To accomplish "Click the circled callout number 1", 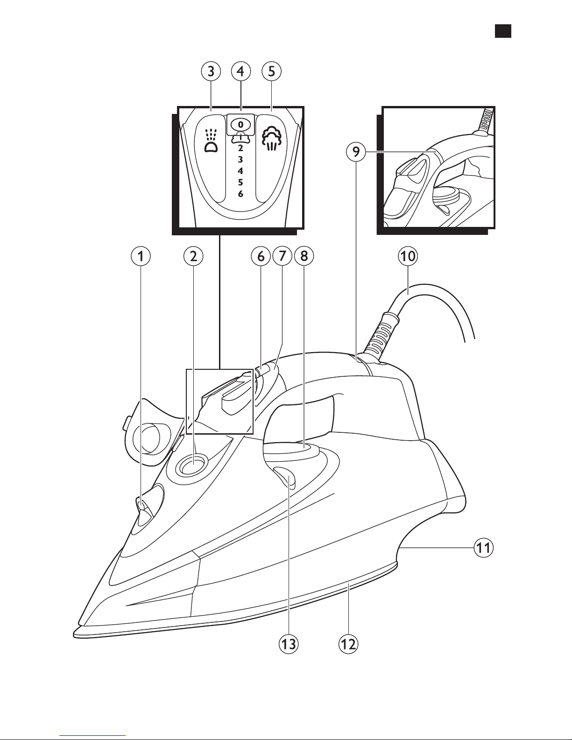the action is pos(141,256).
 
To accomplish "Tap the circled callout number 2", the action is pos(193,256).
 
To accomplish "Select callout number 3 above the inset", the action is pos(211,71).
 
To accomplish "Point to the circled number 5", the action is pos(271,71).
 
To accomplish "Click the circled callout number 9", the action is pos(356,152).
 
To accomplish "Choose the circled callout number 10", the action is pos(408,256).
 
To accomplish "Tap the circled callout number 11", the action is pos(483,548).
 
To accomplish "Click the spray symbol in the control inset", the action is pos(211,141).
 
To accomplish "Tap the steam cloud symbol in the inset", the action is pos(271,138).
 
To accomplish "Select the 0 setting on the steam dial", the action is pos(241,125).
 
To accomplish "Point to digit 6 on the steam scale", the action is pos(241,194).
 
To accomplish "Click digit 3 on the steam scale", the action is pos(240,159).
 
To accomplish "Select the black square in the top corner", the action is pos(503,31).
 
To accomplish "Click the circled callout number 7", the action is pos(282,256).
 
